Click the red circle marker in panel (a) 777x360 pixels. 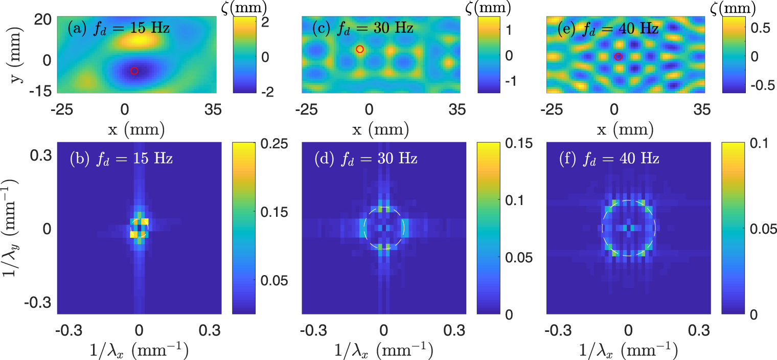click(134, 71)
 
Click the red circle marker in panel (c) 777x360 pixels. click(360, 49)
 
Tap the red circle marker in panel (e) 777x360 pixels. click(618, 57)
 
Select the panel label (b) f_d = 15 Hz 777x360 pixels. click(122, 159)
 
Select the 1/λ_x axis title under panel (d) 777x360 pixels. click(383, 351)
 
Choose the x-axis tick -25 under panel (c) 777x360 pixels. click(306, 109)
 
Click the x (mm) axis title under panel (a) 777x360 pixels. click(136, 130)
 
